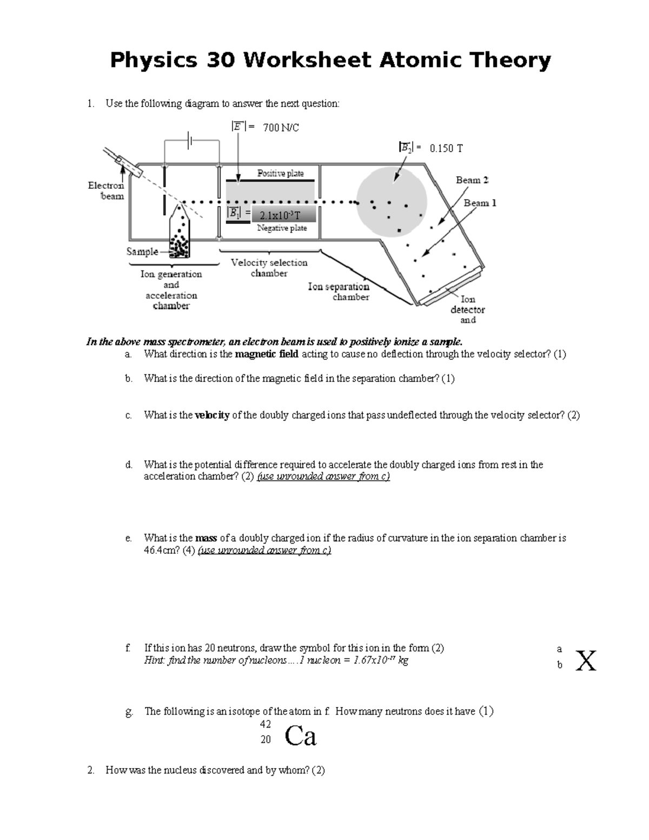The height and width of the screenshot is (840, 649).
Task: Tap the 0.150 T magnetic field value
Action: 446,148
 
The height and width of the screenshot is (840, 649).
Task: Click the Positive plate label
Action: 280,174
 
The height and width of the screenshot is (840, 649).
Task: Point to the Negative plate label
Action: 282,228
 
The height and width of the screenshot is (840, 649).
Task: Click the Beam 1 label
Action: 480,203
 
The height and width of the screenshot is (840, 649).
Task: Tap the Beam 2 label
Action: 472,180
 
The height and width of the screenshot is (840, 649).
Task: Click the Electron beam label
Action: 106,191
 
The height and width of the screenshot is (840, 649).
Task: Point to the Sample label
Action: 142,252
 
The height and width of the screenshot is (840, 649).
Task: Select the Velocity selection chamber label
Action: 269,268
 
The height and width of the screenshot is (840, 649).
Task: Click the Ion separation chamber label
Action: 339,292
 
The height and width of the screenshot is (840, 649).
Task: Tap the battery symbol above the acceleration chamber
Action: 190,141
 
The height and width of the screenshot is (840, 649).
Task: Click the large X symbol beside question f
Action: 586,660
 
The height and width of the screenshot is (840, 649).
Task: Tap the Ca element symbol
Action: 300,736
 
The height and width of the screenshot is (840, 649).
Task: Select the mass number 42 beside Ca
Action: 265,724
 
